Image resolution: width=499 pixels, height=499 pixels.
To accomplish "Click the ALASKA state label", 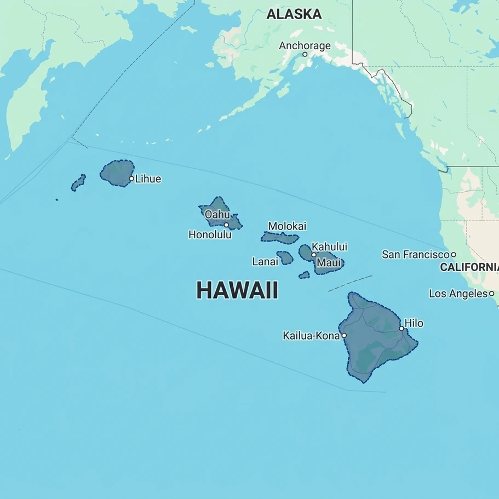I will [294, 15].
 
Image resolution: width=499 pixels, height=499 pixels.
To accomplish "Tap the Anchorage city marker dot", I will [305, 54].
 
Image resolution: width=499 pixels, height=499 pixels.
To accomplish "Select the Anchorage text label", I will [305, 45].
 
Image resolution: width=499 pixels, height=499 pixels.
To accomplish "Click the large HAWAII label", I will [237, 290].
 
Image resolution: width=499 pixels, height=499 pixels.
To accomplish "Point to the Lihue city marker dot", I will [131, 179].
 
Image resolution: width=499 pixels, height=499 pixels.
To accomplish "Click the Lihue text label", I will [148, 179].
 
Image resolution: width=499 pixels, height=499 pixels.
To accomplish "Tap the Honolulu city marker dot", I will [226, 225].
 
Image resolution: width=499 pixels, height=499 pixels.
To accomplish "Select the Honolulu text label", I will [210, 235].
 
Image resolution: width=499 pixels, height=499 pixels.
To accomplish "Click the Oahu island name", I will [217, 214].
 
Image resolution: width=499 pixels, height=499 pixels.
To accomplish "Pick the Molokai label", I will [287, 226].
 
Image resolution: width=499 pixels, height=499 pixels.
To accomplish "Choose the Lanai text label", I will [265, 262].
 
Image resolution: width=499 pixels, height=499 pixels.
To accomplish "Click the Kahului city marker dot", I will [314, 255].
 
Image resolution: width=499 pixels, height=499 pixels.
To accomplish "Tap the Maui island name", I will [329, 263].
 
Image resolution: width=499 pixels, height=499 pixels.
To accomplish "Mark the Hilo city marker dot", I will [402, 328].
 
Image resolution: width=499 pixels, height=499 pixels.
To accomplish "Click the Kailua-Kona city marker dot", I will [344, 336].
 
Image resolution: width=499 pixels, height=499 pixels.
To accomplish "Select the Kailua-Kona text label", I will [311, 336].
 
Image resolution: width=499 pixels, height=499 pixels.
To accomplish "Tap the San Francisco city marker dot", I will [454, 255].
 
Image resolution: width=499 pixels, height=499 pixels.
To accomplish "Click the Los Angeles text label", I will [458, 294].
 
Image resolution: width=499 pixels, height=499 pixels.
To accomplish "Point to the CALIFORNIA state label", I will [469, 267].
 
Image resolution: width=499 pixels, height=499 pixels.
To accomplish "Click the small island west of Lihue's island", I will [78, 183].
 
